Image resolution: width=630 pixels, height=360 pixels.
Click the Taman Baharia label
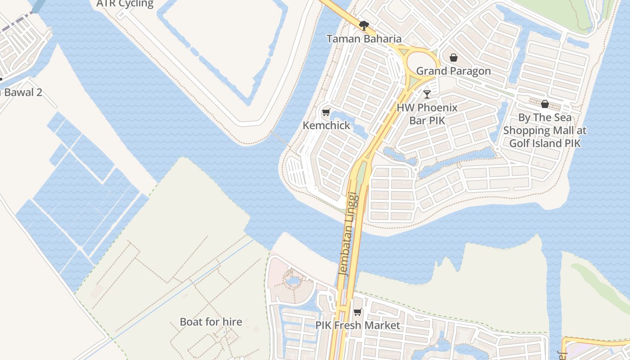point(364,39)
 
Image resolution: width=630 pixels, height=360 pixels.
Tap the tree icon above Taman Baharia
point(364,25)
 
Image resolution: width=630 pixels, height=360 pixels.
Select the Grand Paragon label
point(453,71)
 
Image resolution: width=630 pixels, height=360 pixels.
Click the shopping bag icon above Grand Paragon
point(453,58)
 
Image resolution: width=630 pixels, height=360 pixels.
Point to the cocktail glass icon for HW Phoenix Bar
point(427,94)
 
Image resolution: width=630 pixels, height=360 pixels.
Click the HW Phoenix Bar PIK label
point(427,114)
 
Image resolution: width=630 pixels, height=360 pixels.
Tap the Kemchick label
point(326,126)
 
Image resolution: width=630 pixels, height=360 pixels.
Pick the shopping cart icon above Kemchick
point(326,112)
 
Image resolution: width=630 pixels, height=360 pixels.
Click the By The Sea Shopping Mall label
point(545,130)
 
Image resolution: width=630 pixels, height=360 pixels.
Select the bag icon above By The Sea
point(545,104)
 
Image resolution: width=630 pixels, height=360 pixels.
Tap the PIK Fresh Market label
point(357,325)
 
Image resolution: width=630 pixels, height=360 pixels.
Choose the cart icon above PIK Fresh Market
point(358,312)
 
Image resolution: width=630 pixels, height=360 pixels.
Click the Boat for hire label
point(211,322)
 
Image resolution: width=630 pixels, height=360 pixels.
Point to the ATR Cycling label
point(125,4)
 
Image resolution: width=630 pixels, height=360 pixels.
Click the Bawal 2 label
point(22,93)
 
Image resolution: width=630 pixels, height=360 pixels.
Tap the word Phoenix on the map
point(436,108)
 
